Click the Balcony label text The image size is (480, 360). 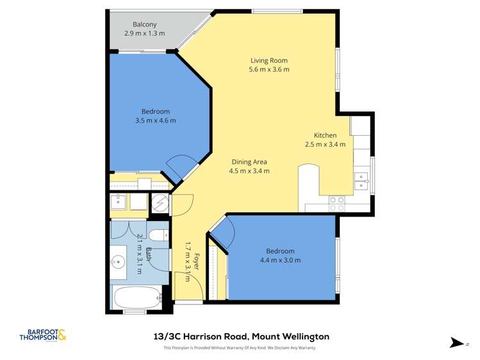coord(144,24)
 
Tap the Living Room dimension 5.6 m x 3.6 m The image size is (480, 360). coord(269,69)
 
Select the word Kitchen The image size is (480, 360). coord(325,135)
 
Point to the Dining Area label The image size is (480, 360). coord(249,161)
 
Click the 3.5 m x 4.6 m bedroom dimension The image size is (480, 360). coord(155,120)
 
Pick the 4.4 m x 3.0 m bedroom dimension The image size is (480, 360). coord(280,260)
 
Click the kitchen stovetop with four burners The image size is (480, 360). coord(337,203)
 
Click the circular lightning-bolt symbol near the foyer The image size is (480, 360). coord(160,203)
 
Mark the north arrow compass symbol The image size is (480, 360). coord(456,343)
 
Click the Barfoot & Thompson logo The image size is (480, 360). coord(43,336)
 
